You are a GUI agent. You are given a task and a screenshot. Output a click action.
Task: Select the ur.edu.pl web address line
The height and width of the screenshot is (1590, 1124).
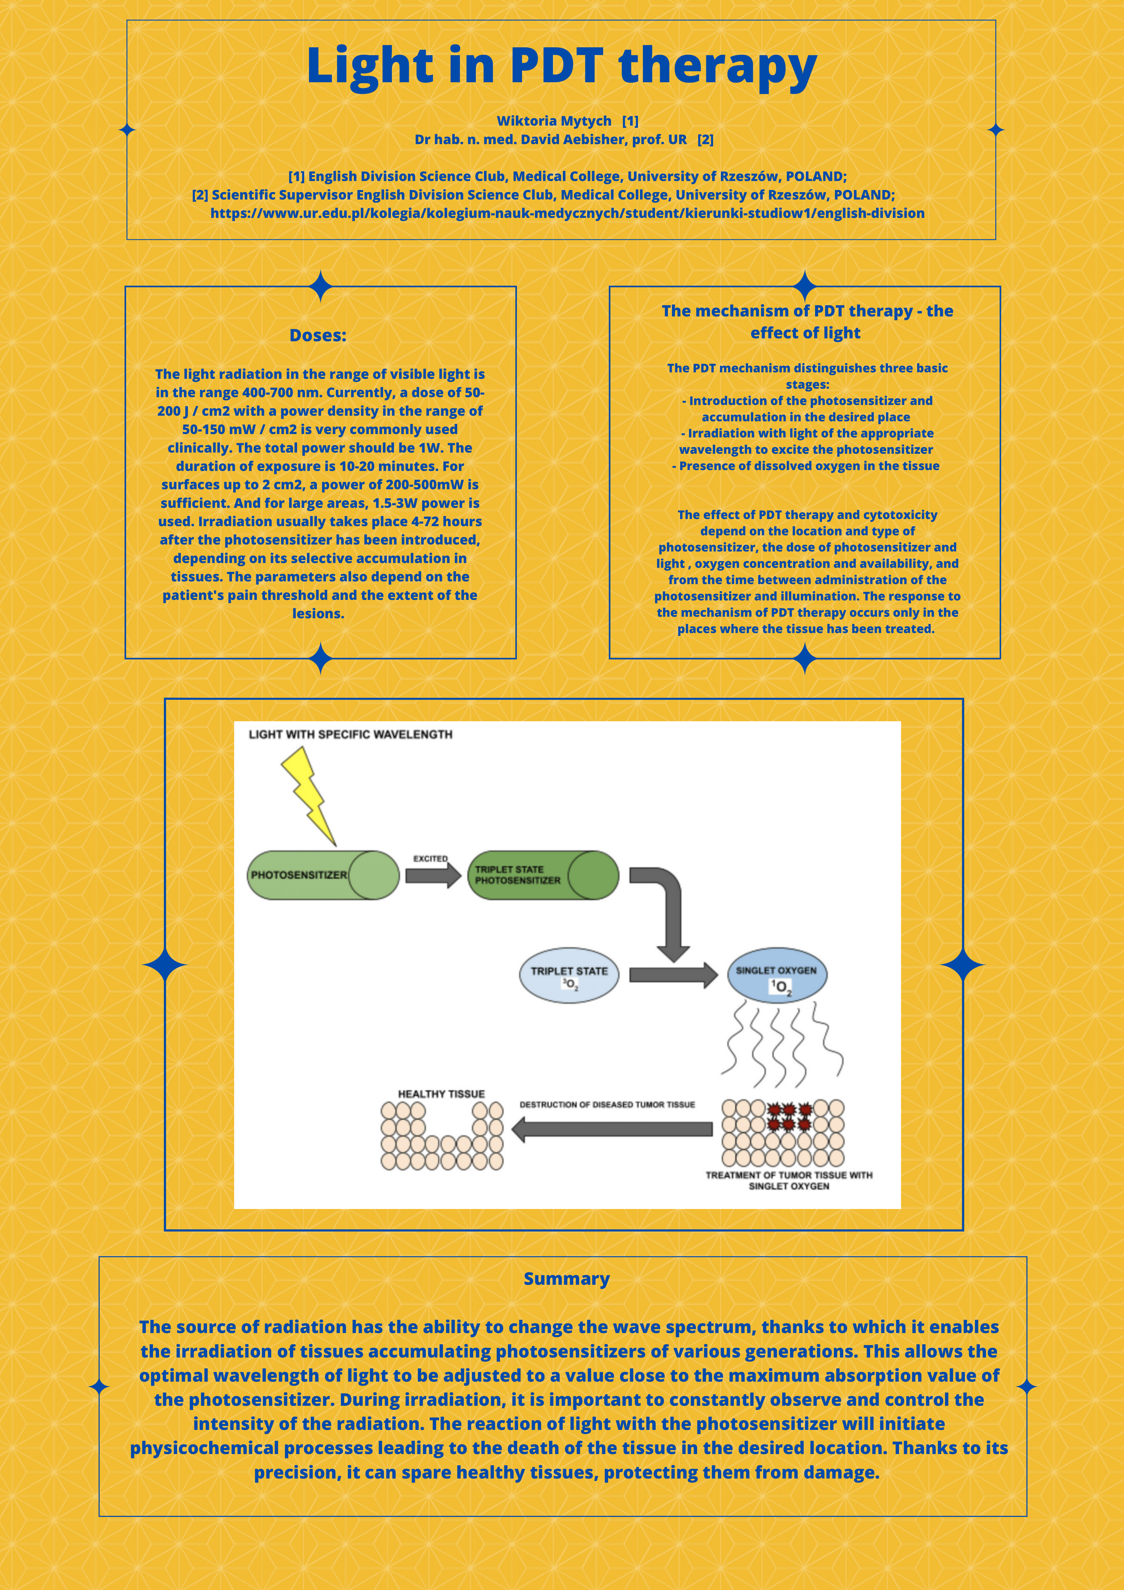coord(567,213)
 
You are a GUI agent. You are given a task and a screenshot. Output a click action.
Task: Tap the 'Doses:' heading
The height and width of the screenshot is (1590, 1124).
coord(318,335)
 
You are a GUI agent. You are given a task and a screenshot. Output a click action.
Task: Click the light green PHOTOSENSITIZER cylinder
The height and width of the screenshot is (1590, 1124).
coord(323,875)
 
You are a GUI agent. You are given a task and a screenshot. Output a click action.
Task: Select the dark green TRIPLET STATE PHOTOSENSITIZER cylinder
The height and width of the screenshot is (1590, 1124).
coord(543,875)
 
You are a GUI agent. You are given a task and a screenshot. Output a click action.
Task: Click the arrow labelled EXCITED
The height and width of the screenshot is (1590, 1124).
coord(432,876)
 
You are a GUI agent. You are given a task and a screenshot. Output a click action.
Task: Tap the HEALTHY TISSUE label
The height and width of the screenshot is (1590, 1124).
coord(441,1094)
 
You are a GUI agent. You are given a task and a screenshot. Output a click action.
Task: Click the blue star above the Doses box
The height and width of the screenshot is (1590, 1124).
coord(321,286)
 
